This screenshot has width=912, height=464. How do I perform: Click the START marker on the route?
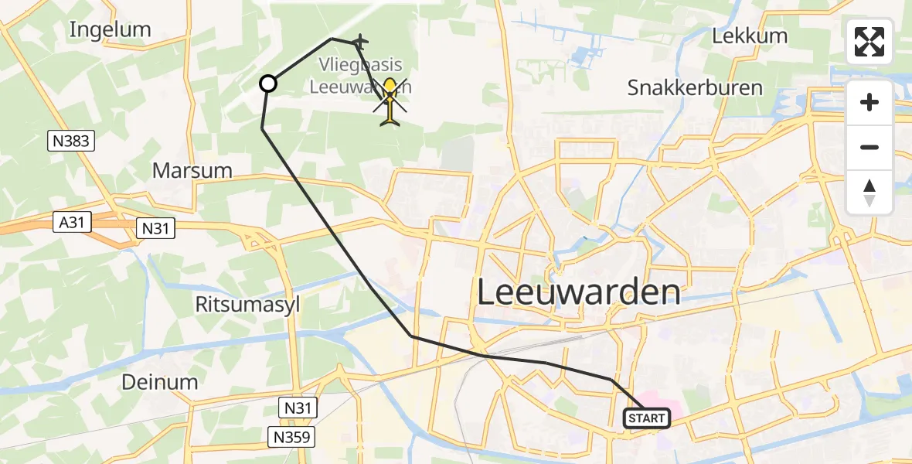[x=647, y=418]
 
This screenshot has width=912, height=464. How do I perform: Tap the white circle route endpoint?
[x=267, y=84]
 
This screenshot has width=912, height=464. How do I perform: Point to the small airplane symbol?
[x=359, y=42]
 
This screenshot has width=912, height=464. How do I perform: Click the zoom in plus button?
[x=869, y=102]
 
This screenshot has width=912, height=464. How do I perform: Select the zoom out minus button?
[x=869, y=147]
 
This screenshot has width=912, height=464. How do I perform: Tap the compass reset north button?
[x=869, y=193]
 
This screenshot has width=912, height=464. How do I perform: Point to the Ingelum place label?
[x=110, y=30]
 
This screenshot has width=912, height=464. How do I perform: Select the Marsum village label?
[x=192, y=170]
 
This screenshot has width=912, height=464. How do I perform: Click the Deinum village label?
[x=159, y=382]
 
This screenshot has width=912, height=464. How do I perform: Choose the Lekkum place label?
[x=750, y=36]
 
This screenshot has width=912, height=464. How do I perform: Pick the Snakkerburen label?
[x=695, y=88]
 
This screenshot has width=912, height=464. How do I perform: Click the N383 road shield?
[x=71, y=141]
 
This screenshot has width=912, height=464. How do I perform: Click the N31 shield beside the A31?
[x=155, y=228]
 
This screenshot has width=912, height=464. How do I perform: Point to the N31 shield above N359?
[x=297, y=407]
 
